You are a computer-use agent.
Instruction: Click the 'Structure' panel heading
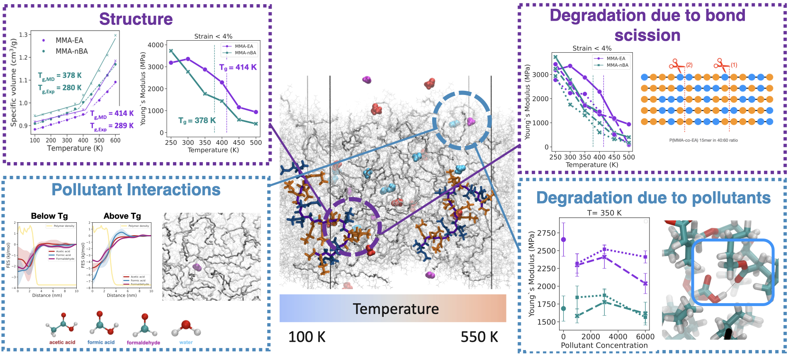click(136, 19)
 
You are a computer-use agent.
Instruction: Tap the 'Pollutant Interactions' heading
click(136, 190)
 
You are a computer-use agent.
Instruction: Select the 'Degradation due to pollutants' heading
click(653, 198)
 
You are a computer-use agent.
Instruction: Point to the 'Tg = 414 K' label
click(238, 67)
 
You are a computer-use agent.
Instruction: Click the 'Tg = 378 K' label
click(197, 121)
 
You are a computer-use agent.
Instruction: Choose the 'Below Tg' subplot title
click(49, 216)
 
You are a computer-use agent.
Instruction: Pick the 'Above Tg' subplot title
click(122, 216)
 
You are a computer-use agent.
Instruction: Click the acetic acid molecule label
click(62, 342)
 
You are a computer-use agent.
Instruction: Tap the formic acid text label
click(101, 342)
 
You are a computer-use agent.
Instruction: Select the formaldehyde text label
click(144, 343)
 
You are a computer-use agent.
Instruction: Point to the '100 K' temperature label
click(306, 337)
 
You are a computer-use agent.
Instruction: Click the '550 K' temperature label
click(479, 337)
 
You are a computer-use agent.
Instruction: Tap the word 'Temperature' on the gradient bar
click(396, 309)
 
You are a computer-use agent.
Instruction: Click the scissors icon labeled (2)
click(677, 65)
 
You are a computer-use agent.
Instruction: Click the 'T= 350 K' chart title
click(604, 213)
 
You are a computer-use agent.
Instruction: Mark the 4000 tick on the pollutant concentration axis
click(618, 336)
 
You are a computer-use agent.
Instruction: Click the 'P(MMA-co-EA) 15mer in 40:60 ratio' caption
click(703, 140)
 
